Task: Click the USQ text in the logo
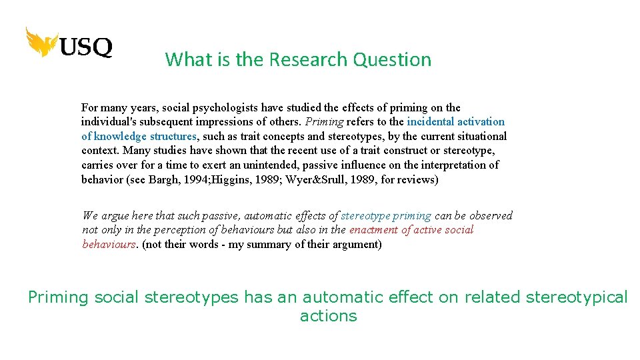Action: tap(87, 47)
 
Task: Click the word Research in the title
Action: tap(309, 59)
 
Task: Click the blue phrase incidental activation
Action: tap(455, 121)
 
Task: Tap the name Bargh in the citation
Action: tap(186, 179)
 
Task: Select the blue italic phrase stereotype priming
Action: tap(386, 215)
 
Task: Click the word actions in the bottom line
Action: tap(328, 315)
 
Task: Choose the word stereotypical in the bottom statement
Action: tap(577, 297)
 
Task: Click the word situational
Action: tap(481, 136)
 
